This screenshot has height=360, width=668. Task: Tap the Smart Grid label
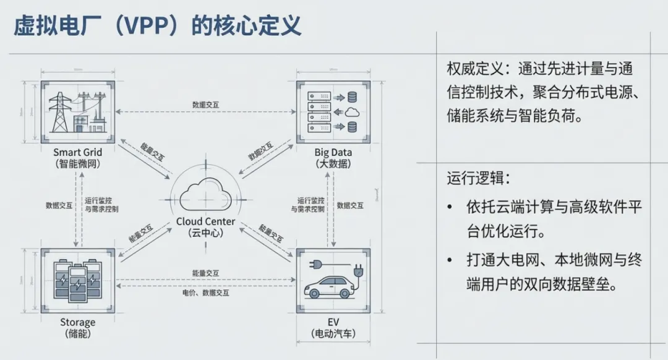(78, 153)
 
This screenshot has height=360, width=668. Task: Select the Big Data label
(333, 153)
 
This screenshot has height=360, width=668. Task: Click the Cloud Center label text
(206, 221)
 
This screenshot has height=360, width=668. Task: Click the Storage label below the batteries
(78, 322)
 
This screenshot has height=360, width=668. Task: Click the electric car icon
(328, 287)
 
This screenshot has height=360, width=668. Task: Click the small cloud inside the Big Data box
(352, 112)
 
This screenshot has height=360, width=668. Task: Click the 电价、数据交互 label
(206, 293)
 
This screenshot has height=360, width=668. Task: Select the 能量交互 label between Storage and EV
(206, 272)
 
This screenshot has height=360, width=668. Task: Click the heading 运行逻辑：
(478, 179)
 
